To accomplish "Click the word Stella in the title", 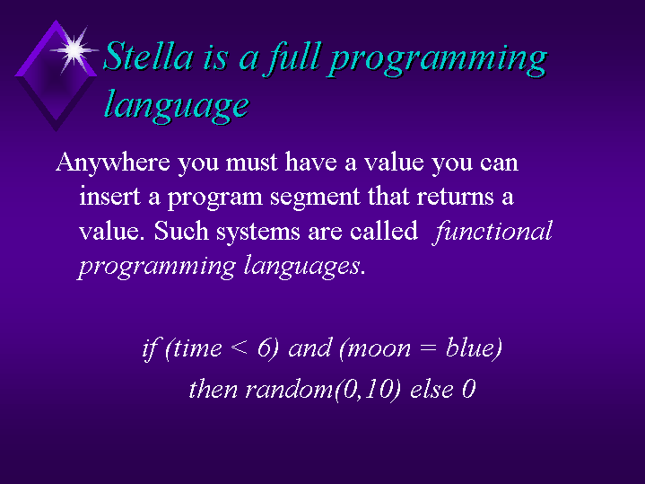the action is (x=148, y=56).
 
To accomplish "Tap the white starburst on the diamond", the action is (x=74, y=50).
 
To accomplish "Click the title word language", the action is (x=176, y=105).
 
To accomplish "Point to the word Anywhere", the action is (x=113, y=163).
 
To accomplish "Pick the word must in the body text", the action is (x=252, y=162).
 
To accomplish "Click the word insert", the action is (x=109, y=196).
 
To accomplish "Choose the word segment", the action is (x=315, y=198).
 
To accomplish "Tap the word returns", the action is (x=456, y=197).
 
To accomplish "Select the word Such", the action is (x=181, y=231).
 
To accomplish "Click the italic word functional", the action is (x=492, y=232).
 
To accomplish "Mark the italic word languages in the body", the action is (x=302, y=267).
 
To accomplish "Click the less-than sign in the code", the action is (x=240, y=348).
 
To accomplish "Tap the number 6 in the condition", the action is (x=263, y=348).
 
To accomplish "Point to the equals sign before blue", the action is (x=428, y=348).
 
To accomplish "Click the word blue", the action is (x=470, y=348).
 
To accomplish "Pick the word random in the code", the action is (x=289, y=389).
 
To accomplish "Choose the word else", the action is (x=431, y=389).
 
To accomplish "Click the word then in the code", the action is (x=214, y=389).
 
